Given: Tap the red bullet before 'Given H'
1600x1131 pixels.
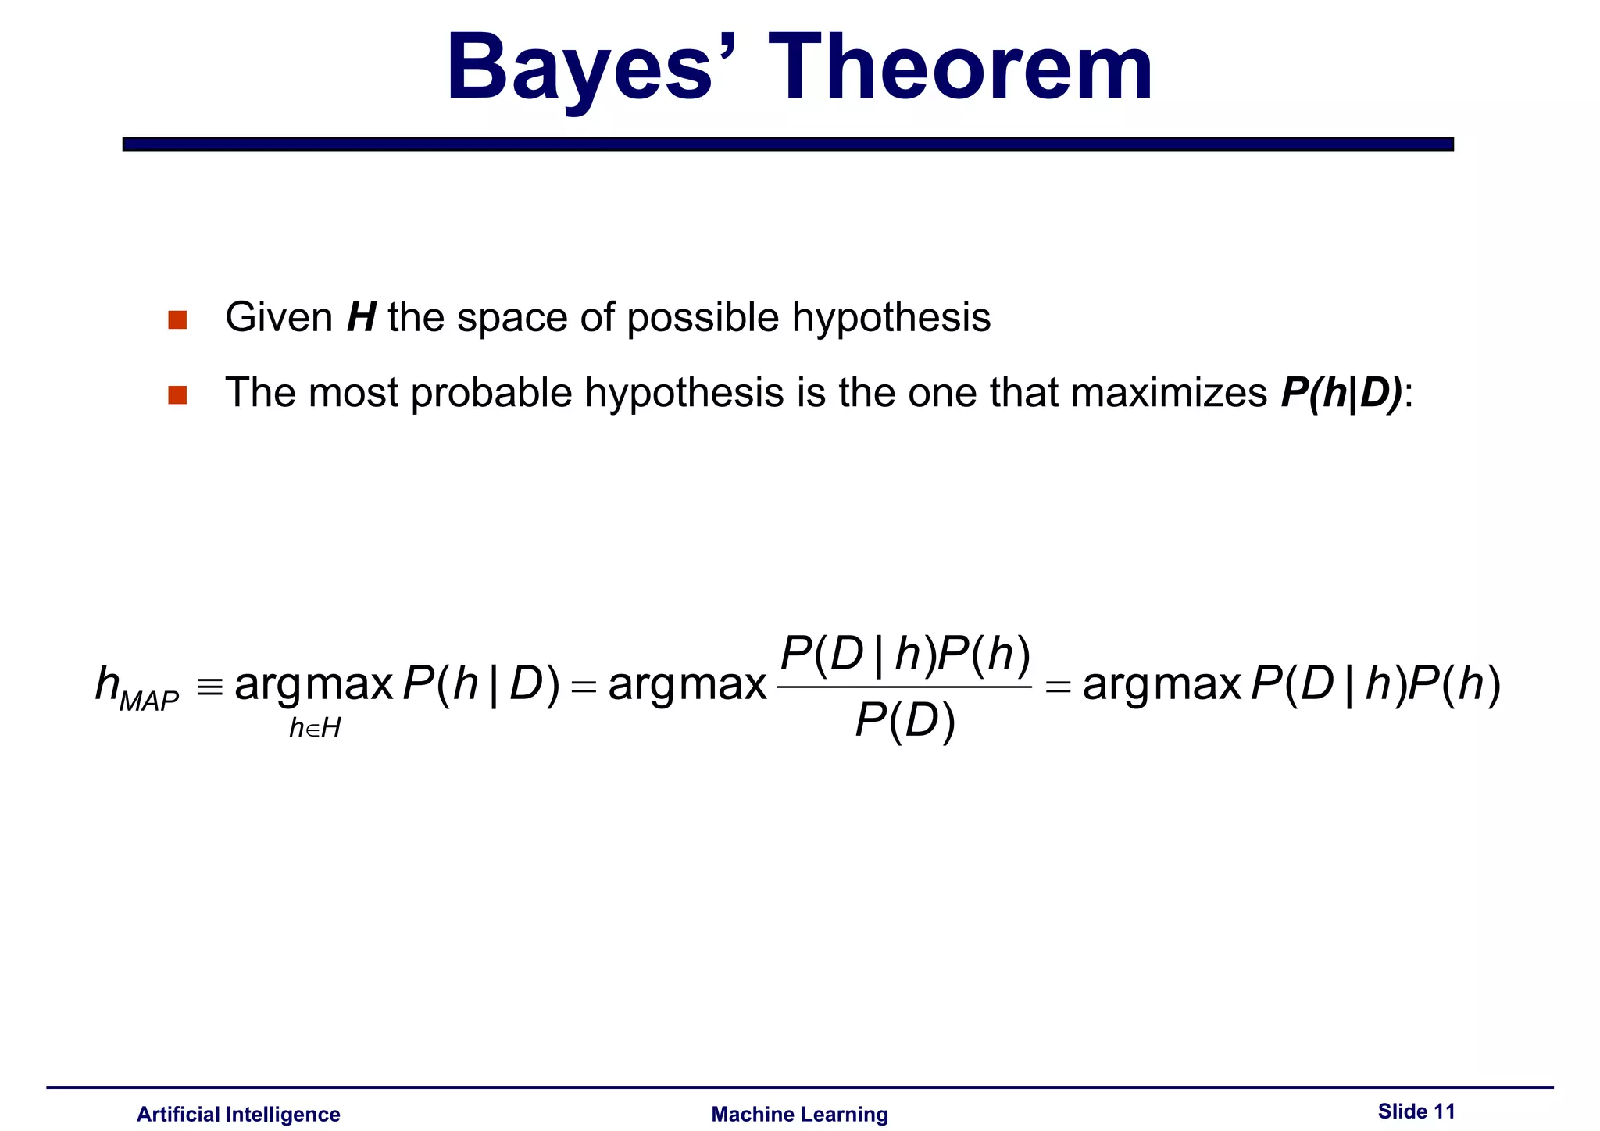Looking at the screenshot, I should click(177, 320).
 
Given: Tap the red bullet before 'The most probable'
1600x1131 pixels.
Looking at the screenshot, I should click(177, 395).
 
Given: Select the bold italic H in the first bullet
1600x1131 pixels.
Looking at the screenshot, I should click(362, 318).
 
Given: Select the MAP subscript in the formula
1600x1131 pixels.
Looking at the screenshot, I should click(149, 701).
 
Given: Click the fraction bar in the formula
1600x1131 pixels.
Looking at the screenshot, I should click(905, 687).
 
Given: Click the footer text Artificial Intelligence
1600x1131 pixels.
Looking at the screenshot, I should click(238, 1114).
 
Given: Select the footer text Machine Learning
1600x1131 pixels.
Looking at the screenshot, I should click(799, 1114).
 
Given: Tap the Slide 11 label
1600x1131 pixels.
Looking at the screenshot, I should click(1416, 1111).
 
